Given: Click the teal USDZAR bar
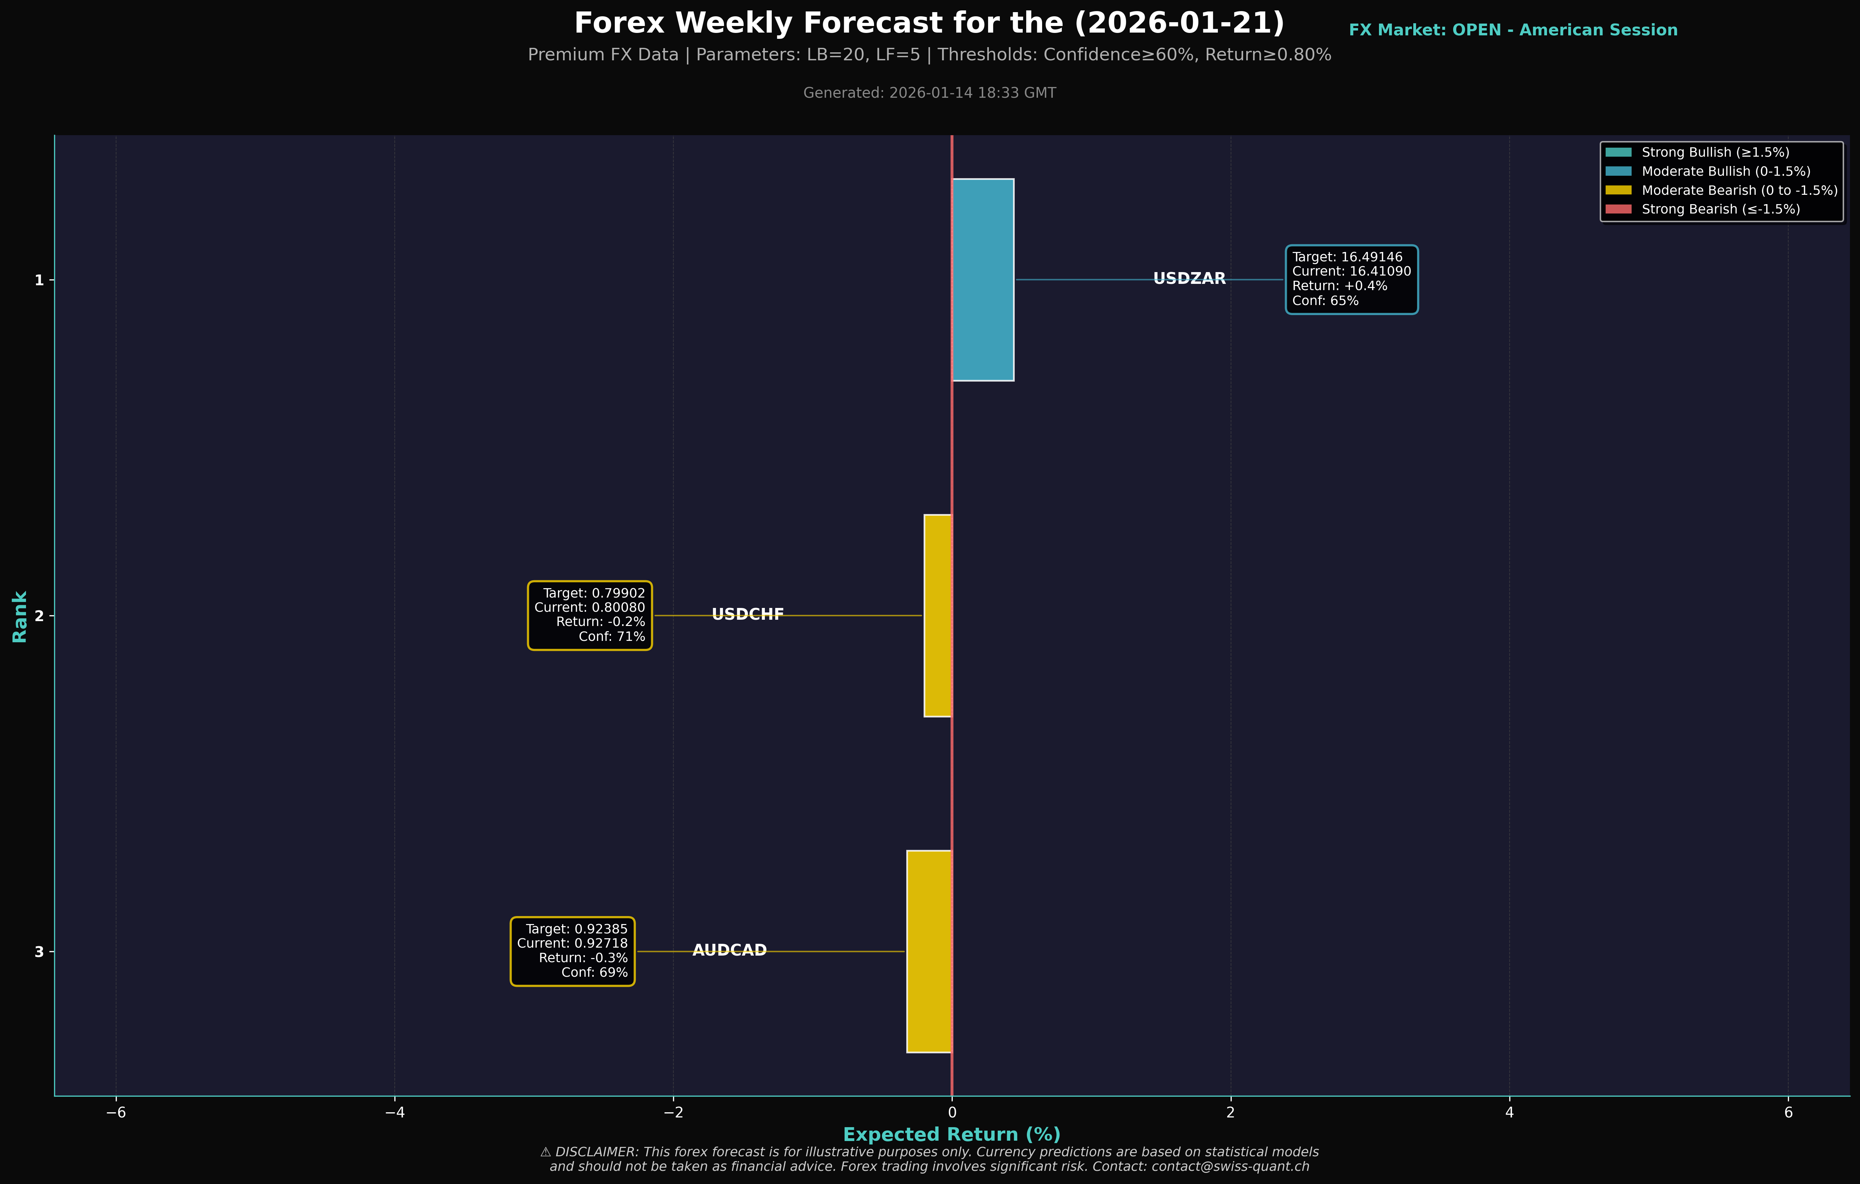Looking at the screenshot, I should (x=983, y=280).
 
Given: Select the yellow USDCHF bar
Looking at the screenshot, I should (x=938, y=616).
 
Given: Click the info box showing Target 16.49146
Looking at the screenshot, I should (x=1351, y=280).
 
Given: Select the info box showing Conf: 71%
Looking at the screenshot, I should (x=590, y=616).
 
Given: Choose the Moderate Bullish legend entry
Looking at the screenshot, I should (x=1726, y=172).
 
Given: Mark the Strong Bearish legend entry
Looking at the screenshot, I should (x=1720, y=209).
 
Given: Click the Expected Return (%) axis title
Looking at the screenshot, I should (x=952, y=1134).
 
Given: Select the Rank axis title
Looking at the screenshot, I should (x=19, y=616).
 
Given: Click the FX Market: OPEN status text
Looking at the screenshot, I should (x=1512, y=30).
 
